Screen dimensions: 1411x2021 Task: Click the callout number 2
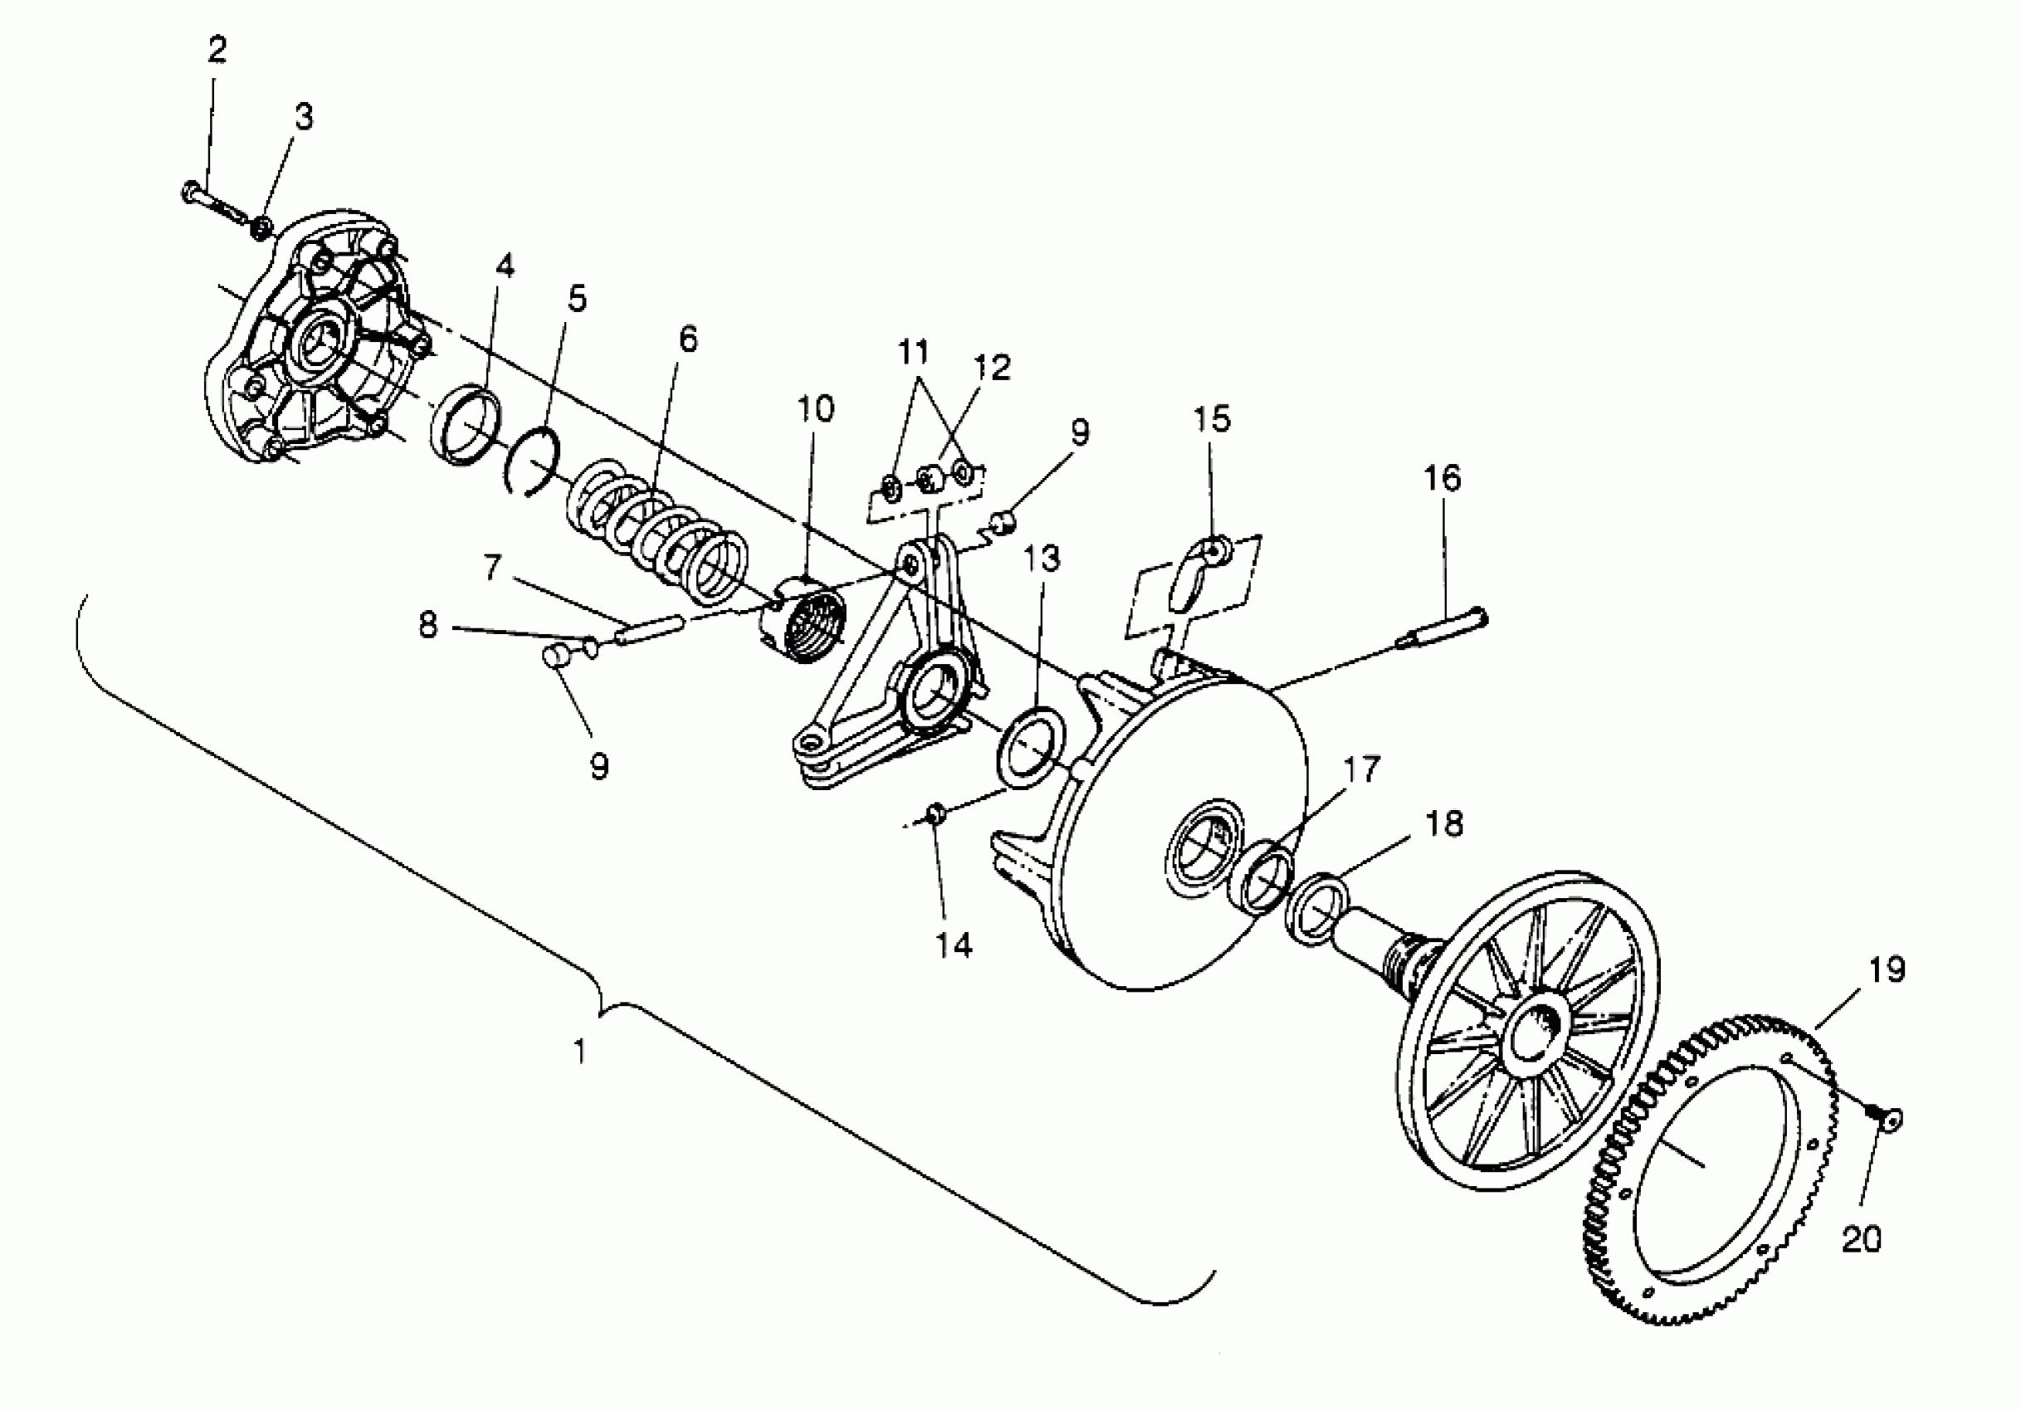tap(217, 49)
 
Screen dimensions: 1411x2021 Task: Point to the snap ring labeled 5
tap(535, 462)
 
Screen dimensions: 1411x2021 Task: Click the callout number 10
tap(815, 408)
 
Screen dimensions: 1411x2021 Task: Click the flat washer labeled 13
tap(1030, 746)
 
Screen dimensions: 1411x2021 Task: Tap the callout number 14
tap(954, 945)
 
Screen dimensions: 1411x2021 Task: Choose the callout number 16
tap(1442, 478)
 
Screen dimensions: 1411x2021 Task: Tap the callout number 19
tap(1886, 969)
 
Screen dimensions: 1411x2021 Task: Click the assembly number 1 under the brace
tap(579, 1050)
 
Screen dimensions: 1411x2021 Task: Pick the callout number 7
tap(492, 569)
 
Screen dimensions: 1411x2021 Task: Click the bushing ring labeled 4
tap(467, 424)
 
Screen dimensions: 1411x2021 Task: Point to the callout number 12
tap(992, 367)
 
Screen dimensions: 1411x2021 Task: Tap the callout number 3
tap(303, 116)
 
